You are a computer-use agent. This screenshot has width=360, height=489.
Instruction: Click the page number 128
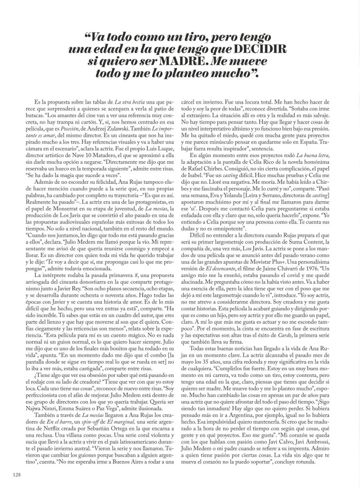coord(17,475)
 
